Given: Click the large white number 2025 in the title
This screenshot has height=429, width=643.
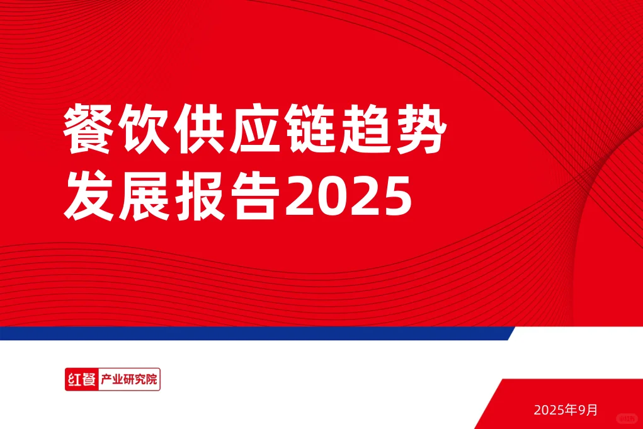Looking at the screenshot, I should coord(348,198).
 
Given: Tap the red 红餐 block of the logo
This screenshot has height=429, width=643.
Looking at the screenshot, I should coord(81,380).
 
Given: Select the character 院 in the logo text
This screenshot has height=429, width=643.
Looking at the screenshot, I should coord(151,380).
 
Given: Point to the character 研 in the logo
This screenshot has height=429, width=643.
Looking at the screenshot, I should coord(130,380).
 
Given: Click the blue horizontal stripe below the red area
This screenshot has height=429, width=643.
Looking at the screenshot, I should coord(252,333).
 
